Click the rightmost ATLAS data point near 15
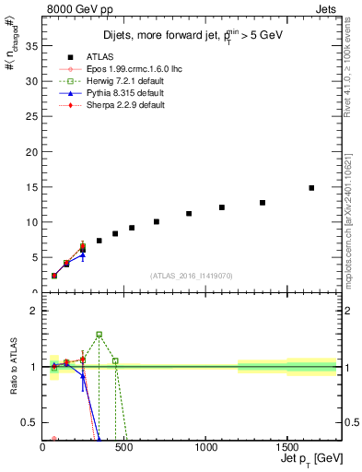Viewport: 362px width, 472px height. [x=311, y=188]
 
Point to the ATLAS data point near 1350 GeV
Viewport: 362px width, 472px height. [x=263, y=203]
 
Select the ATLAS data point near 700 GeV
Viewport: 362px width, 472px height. [x=157, y=221]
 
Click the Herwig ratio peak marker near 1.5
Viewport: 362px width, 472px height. [x=99, y=335]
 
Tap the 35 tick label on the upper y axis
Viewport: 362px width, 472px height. [x=30, y=46]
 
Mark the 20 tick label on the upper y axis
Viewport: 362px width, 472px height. [x=30, y=152]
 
